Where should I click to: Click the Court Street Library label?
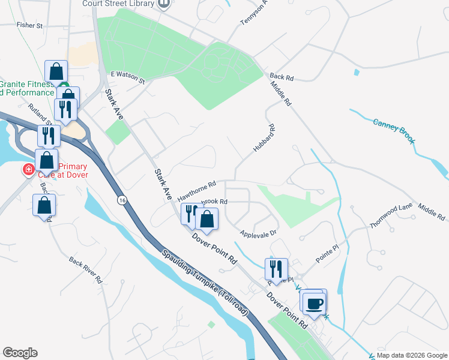pos(119,4)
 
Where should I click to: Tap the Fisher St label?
pos(30,26)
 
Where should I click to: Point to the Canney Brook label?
pos(394,130)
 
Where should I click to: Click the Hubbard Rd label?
pos(264,137)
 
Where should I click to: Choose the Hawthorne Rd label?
pos(196,188)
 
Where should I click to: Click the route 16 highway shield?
pos(122,200)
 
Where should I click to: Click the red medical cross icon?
pos(28,170)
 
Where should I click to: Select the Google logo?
pos(20,353)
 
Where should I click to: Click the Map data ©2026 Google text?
pos(411,355)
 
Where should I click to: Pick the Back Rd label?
pos(281,77)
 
